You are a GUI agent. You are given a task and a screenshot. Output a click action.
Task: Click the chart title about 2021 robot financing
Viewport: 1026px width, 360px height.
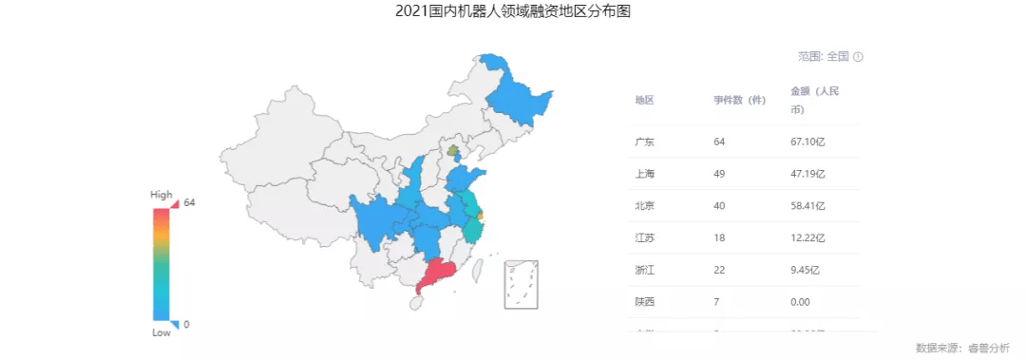[x=512, y=12]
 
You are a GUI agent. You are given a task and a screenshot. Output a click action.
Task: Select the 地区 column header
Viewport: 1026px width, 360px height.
[x=644, y=100]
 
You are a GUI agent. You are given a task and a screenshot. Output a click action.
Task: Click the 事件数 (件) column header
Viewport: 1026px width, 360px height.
[x=740, y=100]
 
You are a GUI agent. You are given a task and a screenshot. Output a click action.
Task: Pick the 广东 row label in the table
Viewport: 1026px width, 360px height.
[x=644, y=142]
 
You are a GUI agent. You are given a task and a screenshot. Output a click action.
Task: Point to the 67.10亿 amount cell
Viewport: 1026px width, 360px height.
[x=807, y=142]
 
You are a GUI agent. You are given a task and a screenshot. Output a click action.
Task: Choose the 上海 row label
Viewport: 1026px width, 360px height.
[x=644, y=174]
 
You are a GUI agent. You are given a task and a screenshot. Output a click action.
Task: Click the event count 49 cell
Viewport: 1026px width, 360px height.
[x=719, y=174]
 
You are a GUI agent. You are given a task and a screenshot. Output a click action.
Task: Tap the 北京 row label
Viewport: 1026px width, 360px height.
[x=644, y=205]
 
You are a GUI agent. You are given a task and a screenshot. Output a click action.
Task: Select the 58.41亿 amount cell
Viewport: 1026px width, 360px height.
[x=807, y=205]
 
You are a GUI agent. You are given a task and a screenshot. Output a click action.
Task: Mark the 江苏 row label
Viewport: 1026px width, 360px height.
[x=644, y=237]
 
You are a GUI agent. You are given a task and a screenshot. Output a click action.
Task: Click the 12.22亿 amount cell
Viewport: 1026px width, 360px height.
[x=807, y=237]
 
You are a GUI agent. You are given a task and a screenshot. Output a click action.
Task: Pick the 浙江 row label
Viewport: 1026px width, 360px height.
[x=644, y=270]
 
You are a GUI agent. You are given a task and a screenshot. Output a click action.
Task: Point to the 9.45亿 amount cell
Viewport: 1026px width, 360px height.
[x=806, y=270]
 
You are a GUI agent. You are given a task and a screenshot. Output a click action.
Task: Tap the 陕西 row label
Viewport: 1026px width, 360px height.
[x=644, y=302]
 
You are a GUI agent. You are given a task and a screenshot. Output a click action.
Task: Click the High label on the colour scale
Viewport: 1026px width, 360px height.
[x=161, y=195]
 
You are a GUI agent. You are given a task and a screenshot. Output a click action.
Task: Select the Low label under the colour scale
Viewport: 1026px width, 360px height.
[x=161, y=333]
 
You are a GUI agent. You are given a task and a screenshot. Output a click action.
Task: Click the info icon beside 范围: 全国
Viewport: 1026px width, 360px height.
[x=858, y=57]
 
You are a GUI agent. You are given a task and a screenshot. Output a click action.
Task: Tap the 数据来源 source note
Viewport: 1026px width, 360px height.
[x=962, y=348]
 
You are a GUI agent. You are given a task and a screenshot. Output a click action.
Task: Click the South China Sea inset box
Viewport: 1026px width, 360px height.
[x=522, y=283]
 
